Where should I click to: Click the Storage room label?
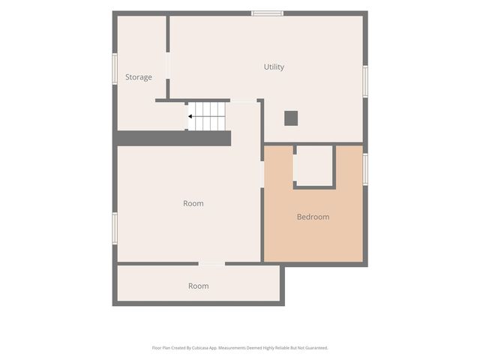click(x=138, y=77)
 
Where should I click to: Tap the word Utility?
click(x=274, y=67)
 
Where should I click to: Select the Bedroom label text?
click(x=313, y=217)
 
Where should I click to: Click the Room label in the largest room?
click(x=193, y=203)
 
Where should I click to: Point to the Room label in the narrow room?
click(x=198, y=286)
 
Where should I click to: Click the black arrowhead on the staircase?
click(x=190, y=116)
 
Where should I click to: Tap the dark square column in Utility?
click(x=291, y=118)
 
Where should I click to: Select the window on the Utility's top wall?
click(x=267, y=13)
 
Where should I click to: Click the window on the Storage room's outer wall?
click(x=115, y=69)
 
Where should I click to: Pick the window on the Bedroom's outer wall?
click(x=365, y=169)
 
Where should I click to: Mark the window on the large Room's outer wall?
click(x=115, y=228)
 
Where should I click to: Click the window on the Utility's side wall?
click(x=365, y=82)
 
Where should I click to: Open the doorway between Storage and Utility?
click(x=168, y=65)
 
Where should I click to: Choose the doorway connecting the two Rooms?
click(x=211, y=263)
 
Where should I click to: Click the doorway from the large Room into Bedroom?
click(x=262, y=174)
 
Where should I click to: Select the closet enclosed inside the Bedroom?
click(x=314, y=166)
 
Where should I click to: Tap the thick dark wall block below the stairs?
click(x=174, y=138)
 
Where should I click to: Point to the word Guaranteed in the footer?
click(x=318, y=348)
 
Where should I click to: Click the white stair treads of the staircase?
click(x=207, y=116)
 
